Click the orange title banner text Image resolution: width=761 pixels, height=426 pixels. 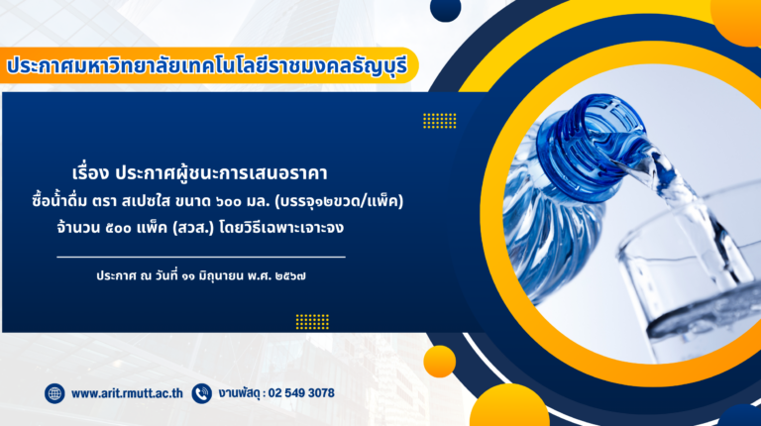(x=207, y=66)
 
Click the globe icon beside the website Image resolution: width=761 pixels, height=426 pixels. (x=54, y=393)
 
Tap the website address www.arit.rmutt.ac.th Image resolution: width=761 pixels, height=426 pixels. (x=127, y=393)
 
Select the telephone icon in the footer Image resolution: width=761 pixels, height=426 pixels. (x=201, y=393)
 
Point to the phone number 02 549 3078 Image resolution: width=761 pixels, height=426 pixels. (x=301, y=393)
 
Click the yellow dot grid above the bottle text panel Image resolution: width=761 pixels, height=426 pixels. (x=440, y=121)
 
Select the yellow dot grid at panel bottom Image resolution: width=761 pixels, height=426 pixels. (x=312, y=322)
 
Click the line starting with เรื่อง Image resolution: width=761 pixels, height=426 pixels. (x=199, y=173)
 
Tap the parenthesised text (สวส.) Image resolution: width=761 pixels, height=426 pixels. (x=193, y=228)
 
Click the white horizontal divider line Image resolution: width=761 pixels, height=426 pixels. (x=201, y=257)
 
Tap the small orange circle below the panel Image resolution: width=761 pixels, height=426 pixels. (x=440, y=362)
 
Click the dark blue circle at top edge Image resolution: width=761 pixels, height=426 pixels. (x=446, y=9)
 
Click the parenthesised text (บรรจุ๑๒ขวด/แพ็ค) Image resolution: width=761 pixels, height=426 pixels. (x=339, y=201)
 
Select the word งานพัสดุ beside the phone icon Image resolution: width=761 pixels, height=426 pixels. (x=239, y=393)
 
